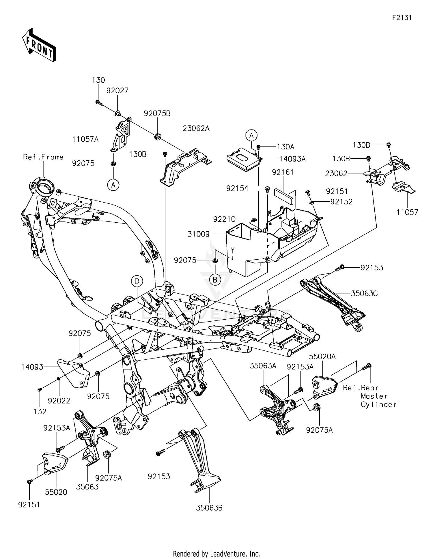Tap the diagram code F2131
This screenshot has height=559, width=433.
point(402,18)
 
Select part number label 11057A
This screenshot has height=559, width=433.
point(85,139)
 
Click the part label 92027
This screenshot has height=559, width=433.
point(117,91)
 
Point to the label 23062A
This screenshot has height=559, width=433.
point(196,128)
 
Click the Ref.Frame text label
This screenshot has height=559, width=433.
point(43,157)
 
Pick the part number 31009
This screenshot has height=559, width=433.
point(199,234)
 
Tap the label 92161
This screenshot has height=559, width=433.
point(283,172)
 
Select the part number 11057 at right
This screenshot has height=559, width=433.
point(407,212)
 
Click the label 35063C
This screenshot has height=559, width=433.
point(364,293)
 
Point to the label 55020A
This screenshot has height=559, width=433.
point(322,357)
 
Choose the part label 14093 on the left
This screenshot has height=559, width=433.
point(32,367)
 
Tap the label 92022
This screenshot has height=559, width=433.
point(59,401)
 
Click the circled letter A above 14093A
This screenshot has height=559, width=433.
point(251,135)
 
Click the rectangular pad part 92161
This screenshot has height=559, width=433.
point(285,193)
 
